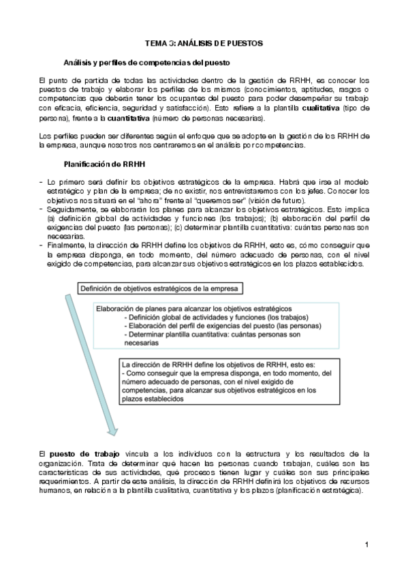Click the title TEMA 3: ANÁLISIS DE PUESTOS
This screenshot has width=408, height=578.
[x=204, y=42]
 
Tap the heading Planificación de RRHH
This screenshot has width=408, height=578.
[x=104, y=164]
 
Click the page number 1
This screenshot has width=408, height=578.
[x=366, y=544]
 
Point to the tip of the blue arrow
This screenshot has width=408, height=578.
[x=111, y=434]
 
